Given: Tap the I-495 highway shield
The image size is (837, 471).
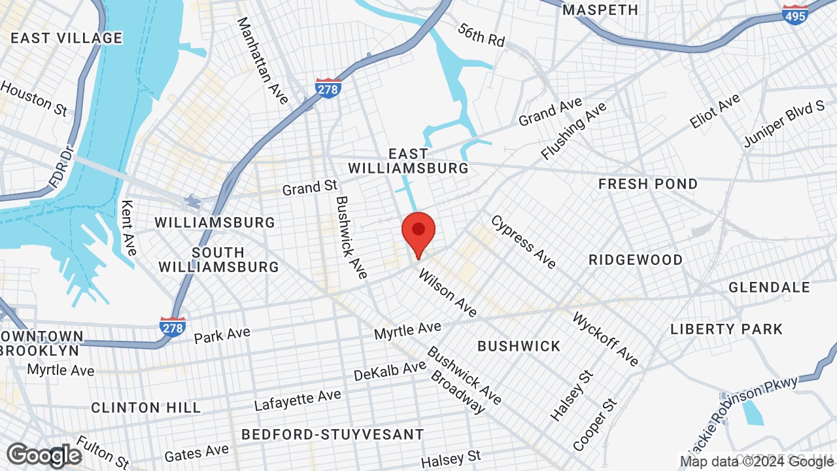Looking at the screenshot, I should click(x=794, y=14).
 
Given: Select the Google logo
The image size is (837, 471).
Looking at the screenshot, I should click(x=44, y=455).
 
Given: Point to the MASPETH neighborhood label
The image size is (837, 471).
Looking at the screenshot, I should click(x=600, y=10).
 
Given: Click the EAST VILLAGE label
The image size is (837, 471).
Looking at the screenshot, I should click(x=66, y=38).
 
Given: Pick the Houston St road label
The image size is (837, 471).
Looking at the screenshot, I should click(x=34, y=98).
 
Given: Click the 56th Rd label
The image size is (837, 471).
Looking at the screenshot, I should click(x=481, y=35).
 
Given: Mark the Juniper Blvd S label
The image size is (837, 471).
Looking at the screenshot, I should click(x=783, y=124).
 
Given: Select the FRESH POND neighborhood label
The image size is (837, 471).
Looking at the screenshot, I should click(x=648, y=184).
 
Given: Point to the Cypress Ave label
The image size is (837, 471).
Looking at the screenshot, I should click(x=523, y=241).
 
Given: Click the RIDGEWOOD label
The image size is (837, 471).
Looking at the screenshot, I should click(x=636, y=260).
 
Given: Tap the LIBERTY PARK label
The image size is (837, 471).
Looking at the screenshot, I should click(x=726, y=329).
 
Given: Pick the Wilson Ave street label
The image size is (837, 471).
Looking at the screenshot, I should click(x=448, y=292).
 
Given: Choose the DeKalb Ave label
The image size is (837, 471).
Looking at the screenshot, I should click(x=390, y=371).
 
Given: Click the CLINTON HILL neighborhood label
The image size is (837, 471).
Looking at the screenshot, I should click(x=146, y=408).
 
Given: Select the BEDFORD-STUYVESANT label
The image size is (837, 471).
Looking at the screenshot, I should click(x=332, y=434).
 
